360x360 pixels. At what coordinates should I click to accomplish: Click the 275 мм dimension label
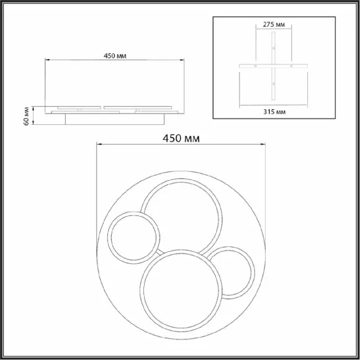click(x=274, y=24)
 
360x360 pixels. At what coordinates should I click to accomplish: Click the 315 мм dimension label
click(x=274, y=112)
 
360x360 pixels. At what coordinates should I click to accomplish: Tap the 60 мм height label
click(x=27, y=116)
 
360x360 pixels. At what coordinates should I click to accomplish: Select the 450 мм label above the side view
click(x=115, y=56)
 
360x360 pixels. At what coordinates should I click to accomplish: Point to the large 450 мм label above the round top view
click(x=181, y=138)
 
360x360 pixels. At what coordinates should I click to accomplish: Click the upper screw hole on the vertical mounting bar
click(x=274, y=48)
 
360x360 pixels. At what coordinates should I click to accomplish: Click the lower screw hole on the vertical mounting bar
click(x=274, y=84)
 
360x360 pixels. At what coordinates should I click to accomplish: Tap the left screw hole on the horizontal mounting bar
click(x=256, y=66)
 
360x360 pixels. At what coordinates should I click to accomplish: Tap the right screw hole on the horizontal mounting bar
click(x=291, y=66)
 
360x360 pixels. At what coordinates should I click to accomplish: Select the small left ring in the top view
click(x=109, y=238)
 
